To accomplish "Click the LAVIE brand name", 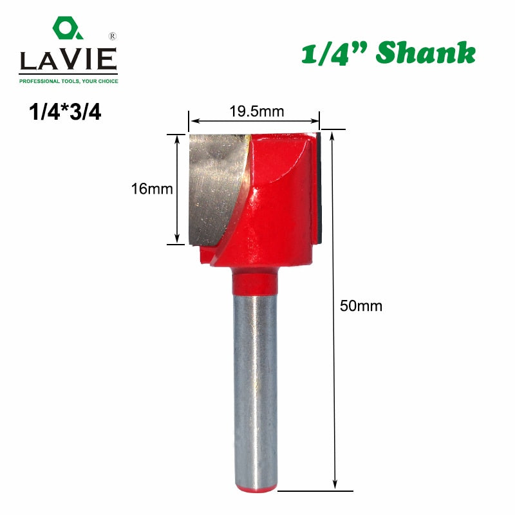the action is (x=68, y=59).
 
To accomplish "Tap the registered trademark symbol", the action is (x=112, y=36).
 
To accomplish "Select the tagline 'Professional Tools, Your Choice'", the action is (x=69, y=81).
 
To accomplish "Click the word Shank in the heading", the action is (x=426, y=52).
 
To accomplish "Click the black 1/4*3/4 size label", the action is (x=65, y=112).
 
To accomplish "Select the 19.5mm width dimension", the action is (x=256, y=111).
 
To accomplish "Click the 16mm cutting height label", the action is (x=152, y=189).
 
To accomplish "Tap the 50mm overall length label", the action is (x=361, y=306).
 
